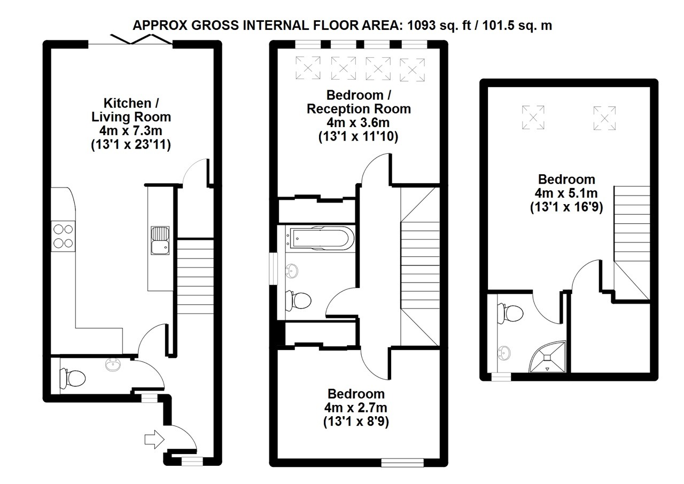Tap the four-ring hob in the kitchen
(x=63, y=236)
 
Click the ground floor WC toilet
(x=72, y=378)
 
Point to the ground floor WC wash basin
(x=113, y=365)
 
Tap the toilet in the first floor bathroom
(x=299, y=300)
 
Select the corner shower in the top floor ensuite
(x=547, y=357)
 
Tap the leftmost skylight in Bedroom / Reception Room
(x=308, y=67)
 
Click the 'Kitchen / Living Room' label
(x=131, y=110)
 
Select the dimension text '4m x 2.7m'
(x=355, y=408)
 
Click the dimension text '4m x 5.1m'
(x=566, y=193)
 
